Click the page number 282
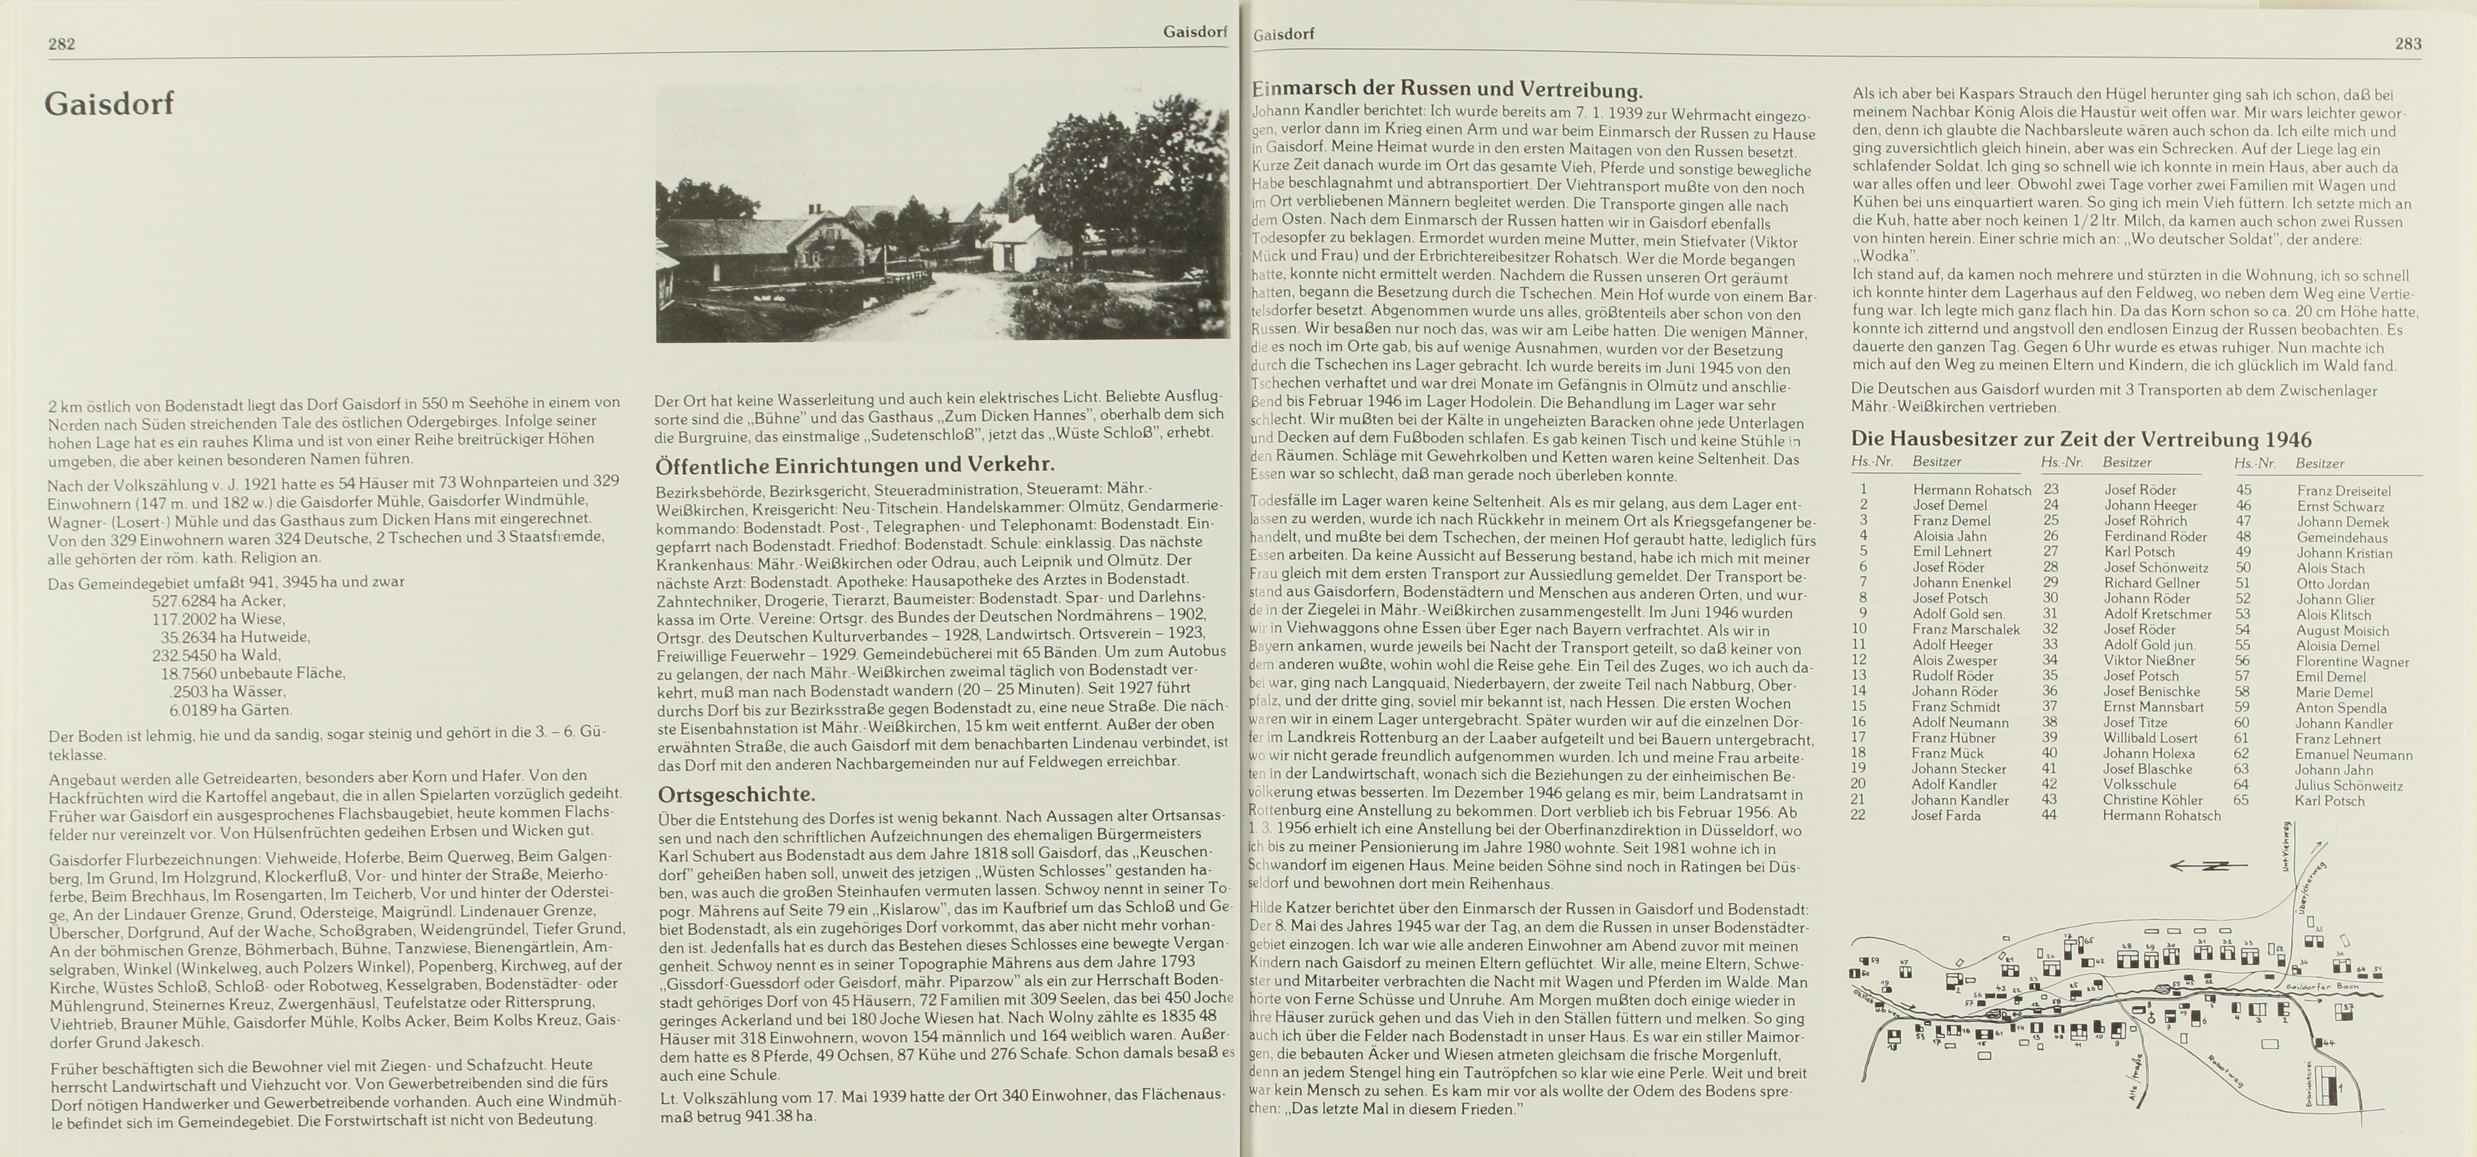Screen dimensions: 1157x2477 tap(62, 43)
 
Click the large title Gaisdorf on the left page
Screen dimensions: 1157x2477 tap(110, 104)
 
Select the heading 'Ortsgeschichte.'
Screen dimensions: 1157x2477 tap(736, 795)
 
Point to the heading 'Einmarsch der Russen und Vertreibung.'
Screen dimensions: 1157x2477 tap(1447, 90)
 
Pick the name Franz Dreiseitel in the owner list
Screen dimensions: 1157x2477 tap(2343, 491)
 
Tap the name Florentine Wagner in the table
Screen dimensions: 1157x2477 tap(2352, 662)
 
